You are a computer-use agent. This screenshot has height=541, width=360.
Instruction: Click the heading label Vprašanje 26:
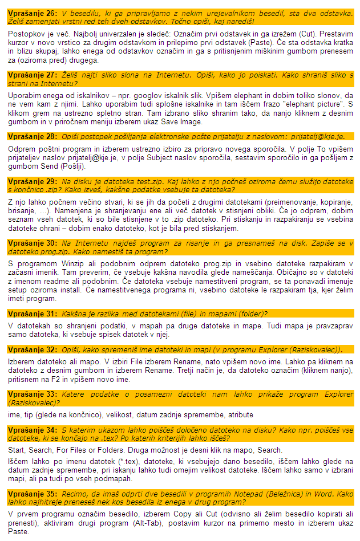[32, 13]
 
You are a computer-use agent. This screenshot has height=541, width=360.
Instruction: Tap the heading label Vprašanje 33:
[32, 394]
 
